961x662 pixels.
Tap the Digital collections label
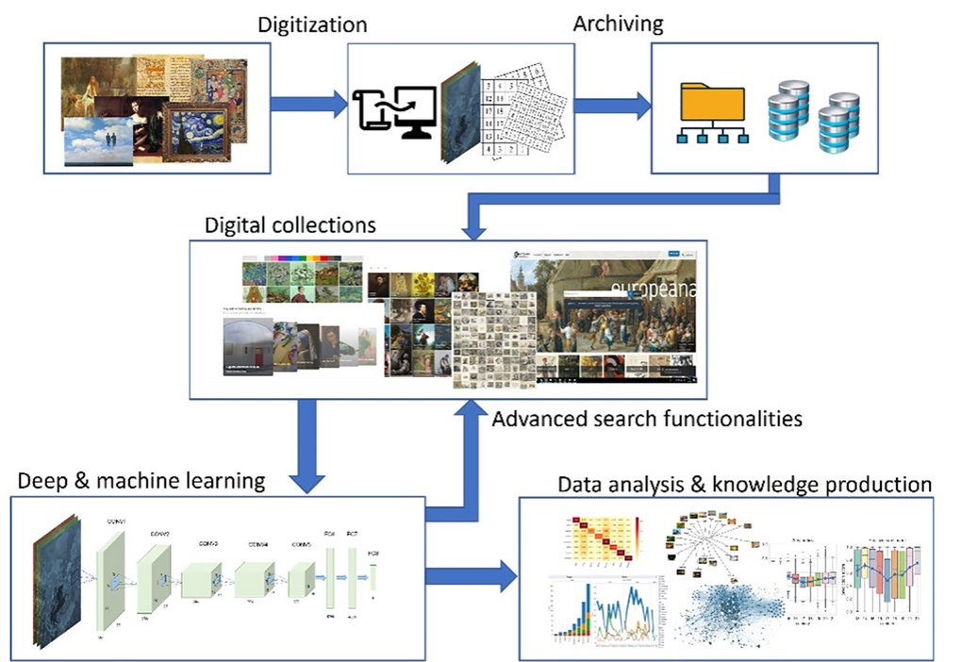pos(290,225)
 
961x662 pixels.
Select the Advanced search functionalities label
pos(647,418)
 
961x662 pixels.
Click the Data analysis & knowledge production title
pos(745,485)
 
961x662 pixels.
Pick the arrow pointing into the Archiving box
pos(613,104)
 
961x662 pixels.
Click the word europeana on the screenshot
pos(654,289)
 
